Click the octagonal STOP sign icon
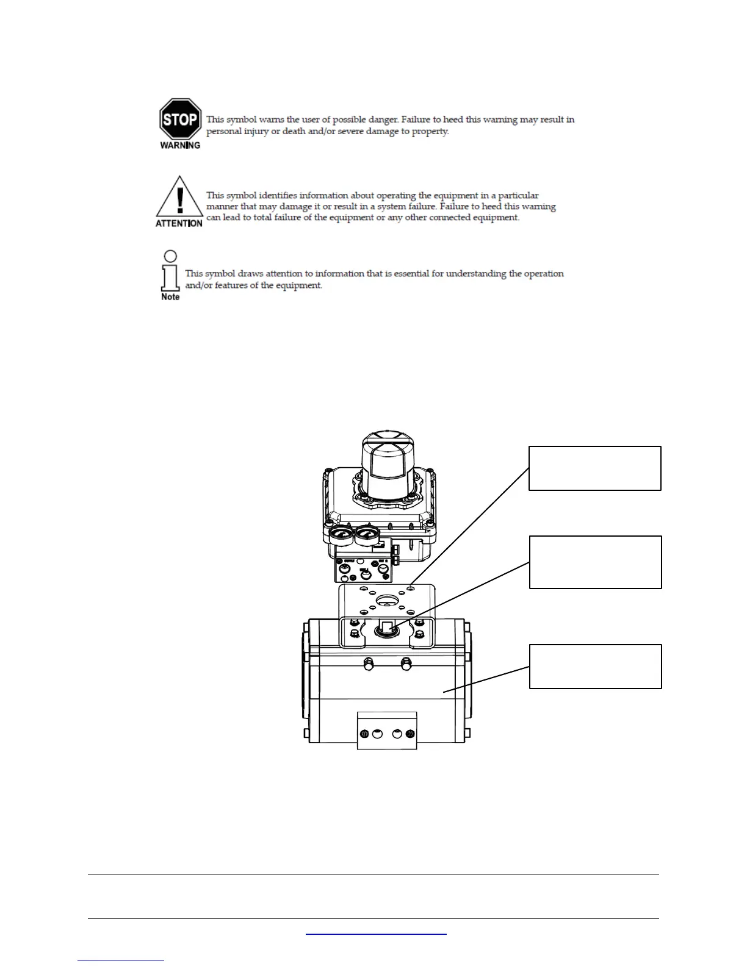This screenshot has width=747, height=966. (180, 120)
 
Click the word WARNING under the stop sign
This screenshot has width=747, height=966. (180, 145)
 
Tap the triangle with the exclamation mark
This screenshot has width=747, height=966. (179, 198)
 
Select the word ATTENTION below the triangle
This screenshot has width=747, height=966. (179, 223)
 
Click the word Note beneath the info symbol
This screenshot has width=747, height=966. (170, 297)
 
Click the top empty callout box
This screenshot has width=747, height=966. (594, 468)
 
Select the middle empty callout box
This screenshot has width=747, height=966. (595, 562)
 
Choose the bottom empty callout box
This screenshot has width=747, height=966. (595, 667)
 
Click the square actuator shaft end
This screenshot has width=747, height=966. (386, 626)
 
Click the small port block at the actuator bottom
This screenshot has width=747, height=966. (387, 731)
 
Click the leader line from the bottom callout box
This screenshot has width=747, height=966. (486, 679)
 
